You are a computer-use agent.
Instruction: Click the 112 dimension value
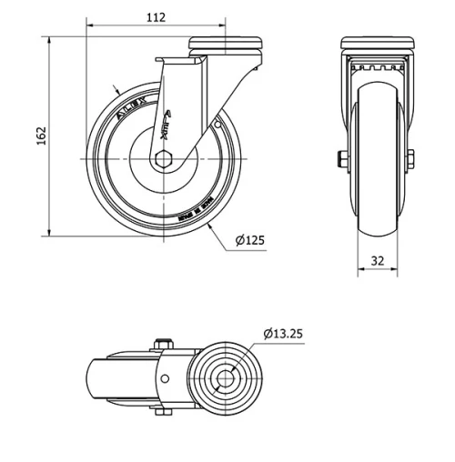[x=156, y=16]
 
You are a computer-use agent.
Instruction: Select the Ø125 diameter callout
[x=248, y=240]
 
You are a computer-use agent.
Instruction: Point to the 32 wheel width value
[x=377, y=260]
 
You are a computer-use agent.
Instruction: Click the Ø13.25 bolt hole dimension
[x=282, y=333]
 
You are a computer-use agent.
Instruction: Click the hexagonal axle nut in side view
[x=163, y=159]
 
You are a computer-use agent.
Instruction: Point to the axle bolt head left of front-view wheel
[x=342, y=160]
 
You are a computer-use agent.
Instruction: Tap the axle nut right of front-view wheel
[x=410, y=159]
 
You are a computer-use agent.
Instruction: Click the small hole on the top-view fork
[x=164, y=378]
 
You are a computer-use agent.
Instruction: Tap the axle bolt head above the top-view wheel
[x=163, y=344]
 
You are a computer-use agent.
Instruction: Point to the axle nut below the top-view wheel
[x=163, y=412]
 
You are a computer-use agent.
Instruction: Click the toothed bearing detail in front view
[x=376, y=67]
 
